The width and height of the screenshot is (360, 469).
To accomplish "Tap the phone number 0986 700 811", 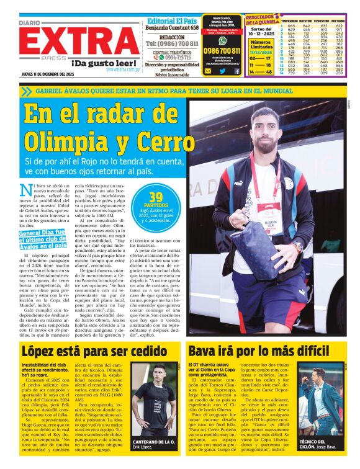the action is (x=222, y=50).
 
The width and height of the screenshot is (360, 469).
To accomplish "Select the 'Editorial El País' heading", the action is (x=173, y=20).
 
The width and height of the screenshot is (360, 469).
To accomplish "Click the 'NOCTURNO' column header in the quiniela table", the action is (x=338, y=21).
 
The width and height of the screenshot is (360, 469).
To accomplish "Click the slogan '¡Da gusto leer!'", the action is (x=104, y=63).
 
